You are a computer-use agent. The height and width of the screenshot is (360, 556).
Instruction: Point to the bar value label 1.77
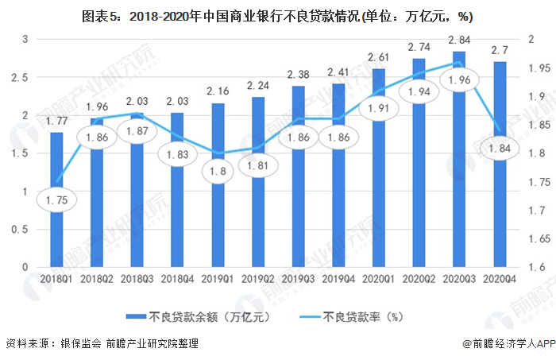pos(56,122)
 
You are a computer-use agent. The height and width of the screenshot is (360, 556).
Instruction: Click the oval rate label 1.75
pos(56,201)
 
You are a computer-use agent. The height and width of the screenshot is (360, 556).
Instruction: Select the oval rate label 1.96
pos(458,80)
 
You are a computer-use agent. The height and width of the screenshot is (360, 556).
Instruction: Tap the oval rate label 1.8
pos(218,172)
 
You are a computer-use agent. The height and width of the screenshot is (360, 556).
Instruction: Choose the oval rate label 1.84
pos(499,149)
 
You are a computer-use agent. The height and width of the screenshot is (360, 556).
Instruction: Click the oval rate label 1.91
pos(378,109)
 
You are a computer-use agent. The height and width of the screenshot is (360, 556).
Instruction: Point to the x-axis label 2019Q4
pos(338,279)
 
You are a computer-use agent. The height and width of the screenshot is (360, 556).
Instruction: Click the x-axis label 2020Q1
pos(378,279)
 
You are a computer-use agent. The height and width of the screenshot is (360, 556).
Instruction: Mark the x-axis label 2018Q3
pos(137,279)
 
